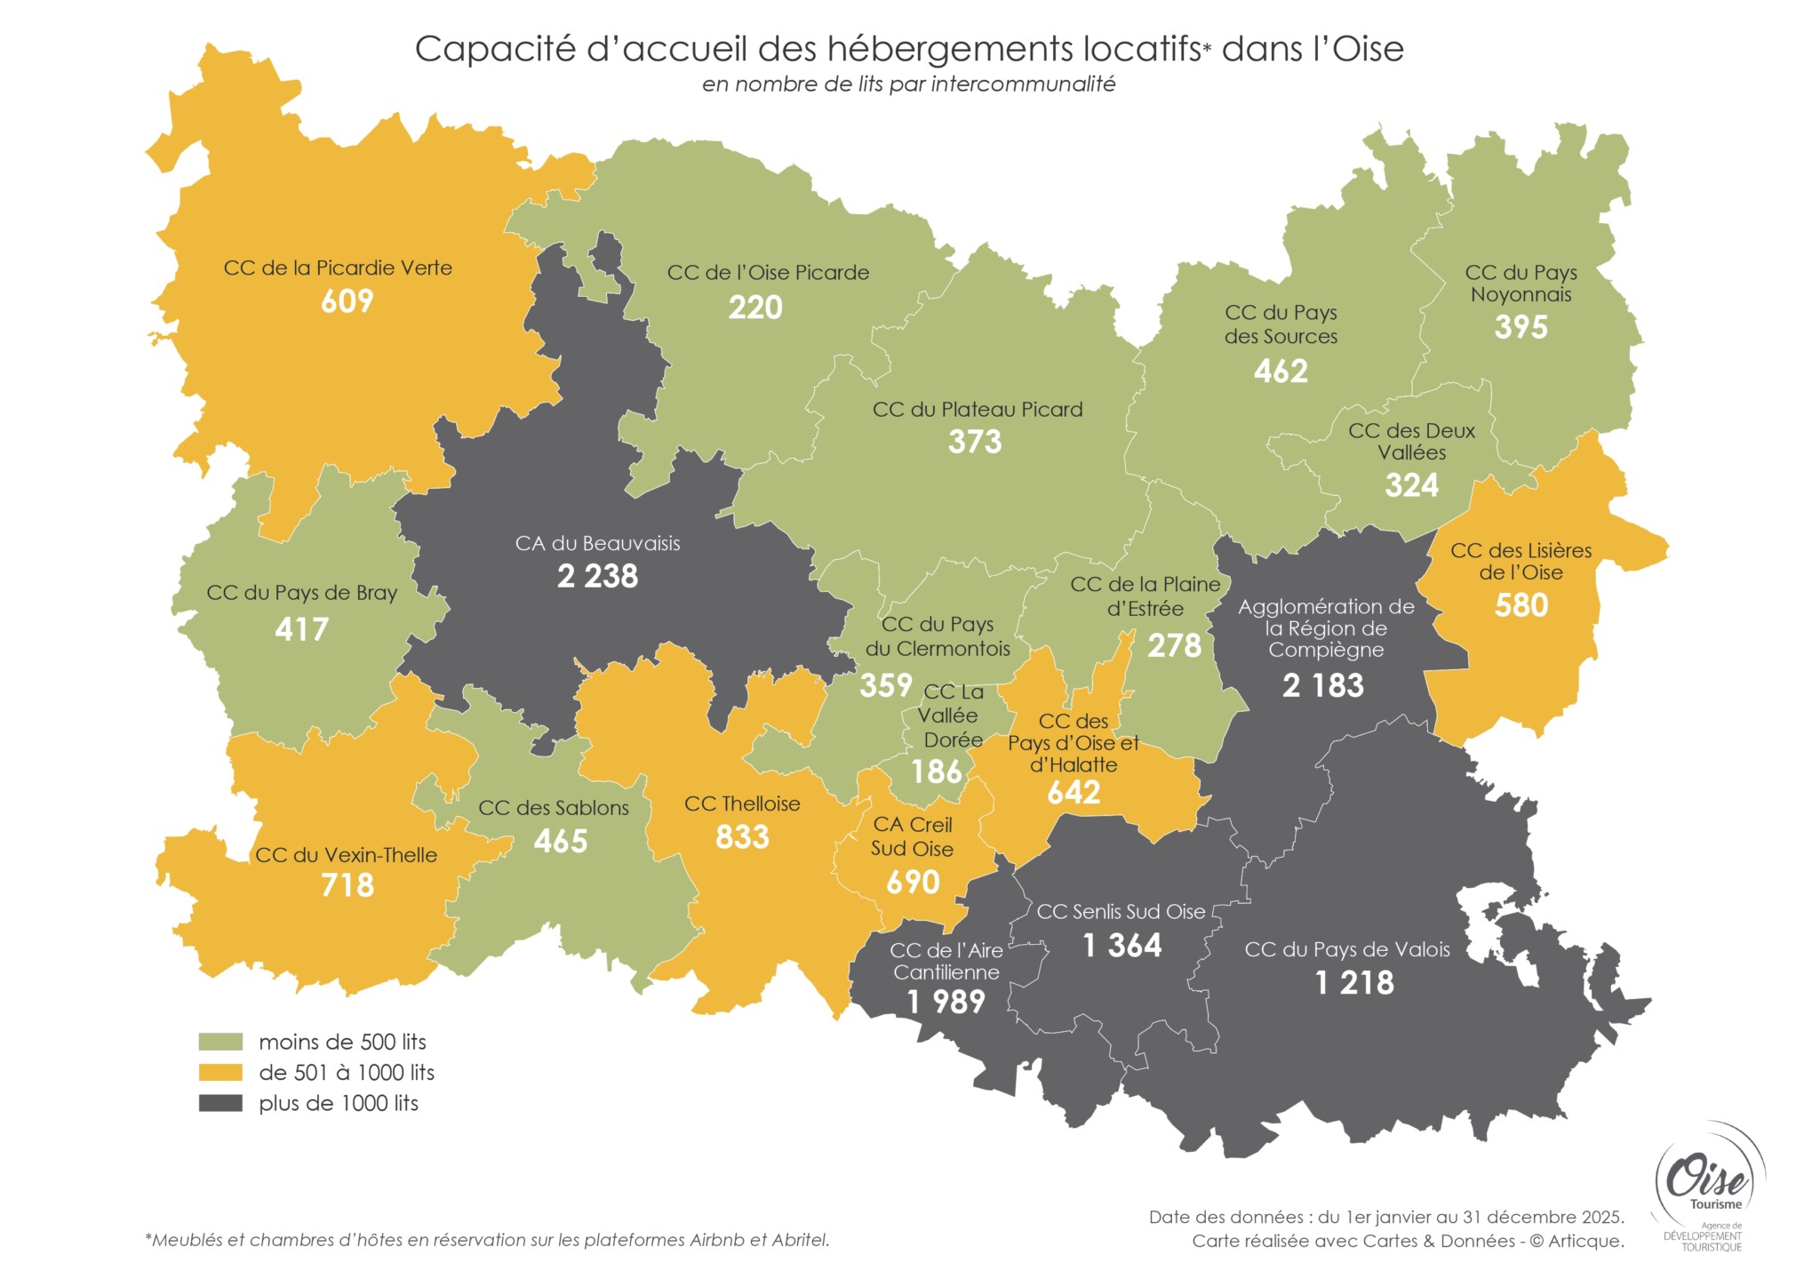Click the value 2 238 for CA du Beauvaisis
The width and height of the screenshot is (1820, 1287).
597,576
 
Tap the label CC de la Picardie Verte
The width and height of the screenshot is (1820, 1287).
338,268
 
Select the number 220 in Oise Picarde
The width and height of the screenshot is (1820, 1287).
755,308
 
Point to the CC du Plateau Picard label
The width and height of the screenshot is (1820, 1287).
978,410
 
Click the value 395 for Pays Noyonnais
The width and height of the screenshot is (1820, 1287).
1521,327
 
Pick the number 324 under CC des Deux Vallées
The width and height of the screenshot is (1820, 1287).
1411,485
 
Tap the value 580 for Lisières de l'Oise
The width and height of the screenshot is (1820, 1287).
1521,605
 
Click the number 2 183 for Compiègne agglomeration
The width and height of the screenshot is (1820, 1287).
1322,685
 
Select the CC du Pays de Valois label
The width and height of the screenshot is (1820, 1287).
1346,949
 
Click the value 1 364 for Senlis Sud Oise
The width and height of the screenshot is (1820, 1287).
1122,945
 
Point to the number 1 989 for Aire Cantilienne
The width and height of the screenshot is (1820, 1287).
946,1002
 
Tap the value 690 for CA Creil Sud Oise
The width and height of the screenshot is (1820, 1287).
913,882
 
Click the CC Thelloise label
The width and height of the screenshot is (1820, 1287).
742,803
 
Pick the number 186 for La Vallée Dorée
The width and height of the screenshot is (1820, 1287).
937,771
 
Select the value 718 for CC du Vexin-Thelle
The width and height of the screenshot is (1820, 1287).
347,885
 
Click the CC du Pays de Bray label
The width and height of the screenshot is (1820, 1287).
301,593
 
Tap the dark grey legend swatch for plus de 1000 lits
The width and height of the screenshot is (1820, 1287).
220,1103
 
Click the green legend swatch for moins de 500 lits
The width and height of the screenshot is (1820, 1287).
220,1042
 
